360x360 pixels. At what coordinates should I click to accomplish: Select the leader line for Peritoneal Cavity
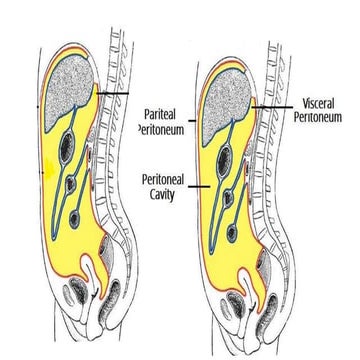coord(194,186)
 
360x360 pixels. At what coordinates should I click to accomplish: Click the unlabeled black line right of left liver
coord(114,94)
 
